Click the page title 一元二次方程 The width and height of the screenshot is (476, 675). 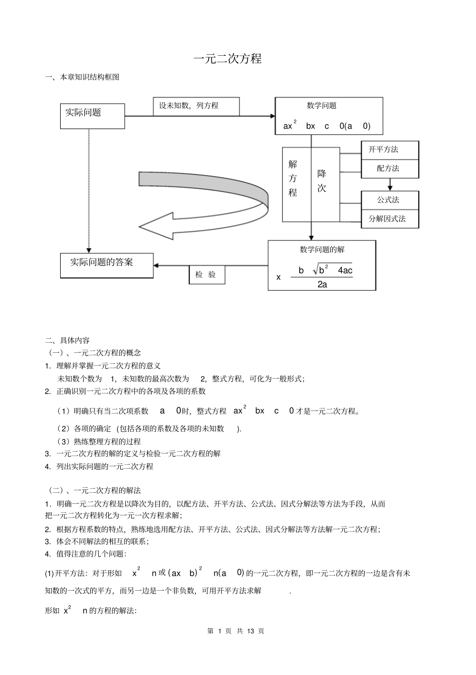pyautogui.click(x=227, y=59)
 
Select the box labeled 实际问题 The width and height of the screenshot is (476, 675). pyautogui.click(x=92, y=116)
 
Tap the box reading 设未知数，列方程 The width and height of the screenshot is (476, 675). pyautogui.click(x=195, y=106)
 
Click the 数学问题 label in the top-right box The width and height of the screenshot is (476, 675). pyautogui.click(x=322, y=106)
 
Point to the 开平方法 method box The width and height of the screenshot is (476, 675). pyautogui.click(x=390, y=150)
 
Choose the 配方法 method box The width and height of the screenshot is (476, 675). pyautogui.click(x=390, y=169)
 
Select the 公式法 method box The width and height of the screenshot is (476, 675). pyautogui.click(x=390, y=200)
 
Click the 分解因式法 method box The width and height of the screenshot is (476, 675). pyautogui.click(x=390, y=219)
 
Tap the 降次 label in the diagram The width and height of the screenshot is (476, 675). pyautogui.click(x=322, y=181)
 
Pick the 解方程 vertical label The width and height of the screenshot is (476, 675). pyautogui.click(x=293, y=178)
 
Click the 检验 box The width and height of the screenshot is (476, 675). pyautogui.click(x=206, y=275)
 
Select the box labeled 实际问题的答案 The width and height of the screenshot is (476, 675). pyautogui.click(x=106, y=265)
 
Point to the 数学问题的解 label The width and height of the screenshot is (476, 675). pyautogui.click(x=322, y=249)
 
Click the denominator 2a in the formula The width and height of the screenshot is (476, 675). pyautogui.click(x=322, y=285)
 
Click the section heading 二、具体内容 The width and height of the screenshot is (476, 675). pyautogui.click(x=67, y=340)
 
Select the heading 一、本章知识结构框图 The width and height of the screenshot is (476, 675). pyautogui.click(x=82, y=77)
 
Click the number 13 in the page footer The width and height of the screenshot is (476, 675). pyautogui.click(x=252, y=631)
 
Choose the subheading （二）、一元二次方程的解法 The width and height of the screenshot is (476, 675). pyautogui.click(x=94, y=490)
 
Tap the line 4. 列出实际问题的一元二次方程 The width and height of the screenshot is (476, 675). pyautogui.click(x=99, y=466)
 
